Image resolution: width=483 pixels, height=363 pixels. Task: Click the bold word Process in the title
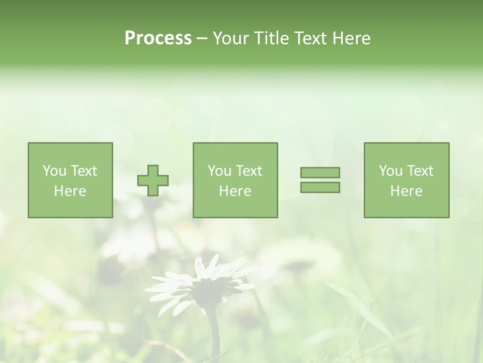(158, 38)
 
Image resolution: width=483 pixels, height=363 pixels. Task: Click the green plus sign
(153, 180)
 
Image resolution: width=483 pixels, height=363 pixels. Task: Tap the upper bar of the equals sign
(320, 172)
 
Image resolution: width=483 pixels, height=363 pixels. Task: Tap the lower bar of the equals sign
(320, 188)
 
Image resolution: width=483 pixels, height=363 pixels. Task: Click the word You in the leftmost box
(54, 171)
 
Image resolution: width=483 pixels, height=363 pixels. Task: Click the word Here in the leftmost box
(70, 191)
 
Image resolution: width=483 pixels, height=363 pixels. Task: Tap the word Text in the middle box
(249, 171)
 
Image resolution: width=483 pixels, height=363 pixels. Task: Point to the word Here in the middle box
(235, 191)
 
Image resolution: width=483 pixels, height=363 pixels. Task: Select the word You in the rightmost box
(390, 171)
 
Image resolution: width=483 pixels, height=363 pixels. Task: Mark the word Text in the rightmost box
(420, 171)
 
